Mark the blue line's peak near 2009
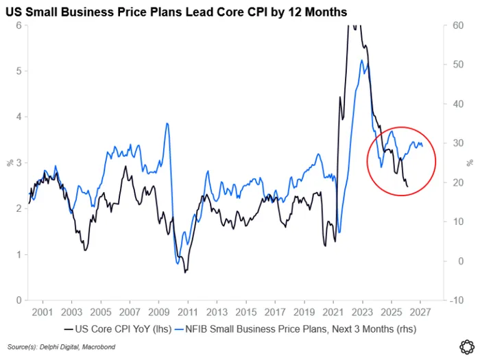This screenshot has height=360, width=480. (167, 123)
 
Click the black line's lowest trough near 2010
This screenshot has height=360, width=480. (185, 272)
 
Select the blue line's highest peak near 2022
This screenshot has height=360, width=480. (361, 60)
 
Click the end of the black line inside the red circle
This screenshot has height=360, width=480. (407, 187)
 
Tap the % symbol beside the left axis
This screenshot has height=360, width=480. (10, 163)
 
